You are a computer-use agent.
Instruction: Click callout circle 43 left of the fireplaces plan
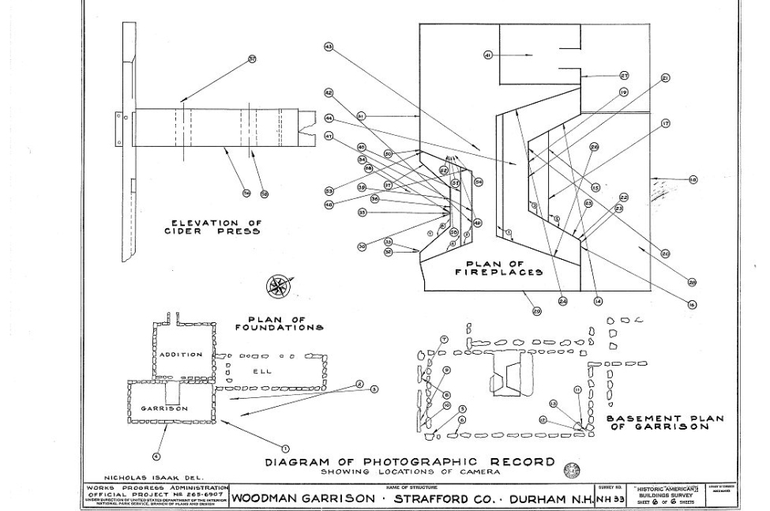pos(329,47)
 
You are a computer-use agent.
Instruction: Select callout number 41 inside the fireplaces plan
pos(488,54)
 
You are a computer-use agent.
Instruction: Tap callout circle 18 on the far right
pos(693,179)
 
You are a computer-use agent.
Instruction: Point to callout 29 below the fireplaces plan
pos(537,311)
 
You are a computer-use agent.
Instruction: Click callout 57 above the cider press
pos(252,59)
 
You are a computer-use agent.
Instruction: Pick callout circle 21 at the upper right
pos(665,78)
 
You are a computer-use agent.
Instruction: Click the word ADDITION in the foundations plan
pos(181,355)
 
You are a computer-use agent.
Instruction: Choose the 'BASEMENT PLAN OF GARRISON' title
pos(663,423)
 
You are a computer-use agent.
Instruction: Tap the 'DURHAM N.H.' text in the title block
pos(550,498)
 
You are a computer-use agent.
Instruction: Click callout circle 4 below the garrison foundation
pos(156,456)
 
